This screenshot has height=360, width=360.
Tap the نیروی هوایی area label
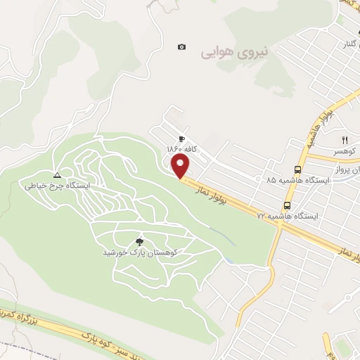tap(226, 52)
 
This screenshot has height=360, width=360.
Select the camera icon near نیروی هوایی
tap(182, 47)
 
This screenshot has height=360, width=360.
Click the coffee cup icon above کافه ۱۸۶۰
tap(182, 139)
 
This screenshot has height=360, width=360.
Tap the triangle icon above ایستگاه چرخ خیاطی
tap(58, 175)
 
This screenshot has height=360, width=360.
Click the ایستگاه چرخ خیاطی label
tap(58, 186)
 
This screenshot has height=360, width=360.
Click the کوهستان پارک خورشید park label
tap(139, 251)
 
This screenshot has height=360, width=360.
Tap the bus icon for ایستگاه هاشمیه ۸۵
tap(297, 169)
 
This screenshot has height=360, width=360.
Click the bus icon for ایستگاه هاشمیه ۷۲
tap(287, 205)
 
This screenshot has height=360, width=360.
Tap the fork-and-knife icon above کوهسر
tap(345, 140)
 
